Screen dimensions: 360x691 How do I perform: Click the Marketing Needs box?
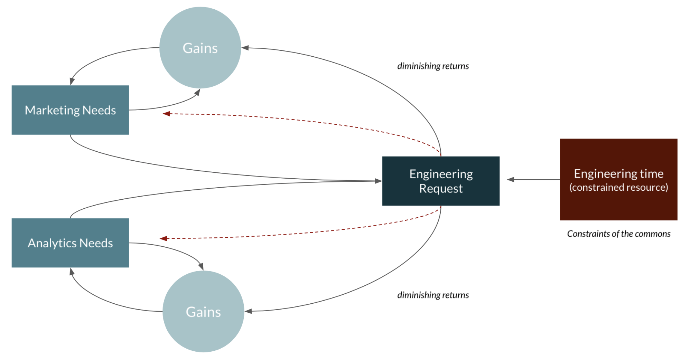pyautogui.click(x=70, y=110)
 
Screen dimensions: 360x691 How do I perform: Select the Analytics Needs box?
pyautogui.click(x=70, y=243)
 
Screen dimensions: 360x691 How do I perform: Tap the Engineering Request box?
pyautogui.click(x=441, y=181)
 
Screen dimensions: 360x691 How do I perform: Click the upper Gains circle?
pyautogui.click(x=200, y=48)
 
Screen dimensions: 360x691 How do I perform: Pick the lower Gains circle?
pyautogui.click(x=203, y=312)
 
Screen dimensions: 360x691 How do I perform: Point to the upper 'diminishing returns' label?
pyautogui.click(x=433, y=66)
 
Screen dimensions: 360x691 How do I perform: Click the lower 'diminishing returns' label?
pyautogui.click(x=433, y=295)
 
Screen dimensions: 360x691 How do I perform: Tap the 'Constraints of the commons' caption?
pyautogui.click(x=618, y=234)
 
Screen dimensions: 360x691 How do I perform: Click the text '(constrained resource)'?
pyautogui.click(x=618, y=187)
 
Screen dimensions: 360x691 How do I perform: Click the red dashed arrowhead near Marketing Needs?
pyautogui.click(x=167, y=113)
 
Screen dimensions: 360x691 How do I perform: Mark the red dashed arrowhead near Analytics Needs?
pyautogui.click(x=164, y=238)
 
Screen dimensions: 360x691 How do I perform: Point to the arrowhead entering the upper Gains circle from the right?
pyautogui.click(x=245, y=48)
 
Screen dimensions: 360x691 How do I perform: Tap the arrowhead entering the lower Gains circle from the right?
pyautogui.click(x=248, y=311)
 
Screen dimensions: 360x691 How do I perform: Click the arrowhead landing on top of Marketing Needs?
pyautogui.click(x=72, y=82)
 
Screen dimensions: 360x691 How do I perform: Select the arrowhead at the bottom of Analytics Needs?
pyautogui.click(x=72, y=272)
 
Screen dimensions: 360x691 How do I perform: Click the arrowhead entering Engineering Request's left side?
pyautogui.click(x=378, y=181)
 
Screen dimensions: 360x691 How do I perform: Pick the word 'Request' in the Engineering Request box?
pyautogui.click(x=441, y=189)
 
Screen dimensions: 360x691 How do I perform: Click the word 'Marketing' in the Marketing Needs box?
pyautogui.click(x=52, y=110)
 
